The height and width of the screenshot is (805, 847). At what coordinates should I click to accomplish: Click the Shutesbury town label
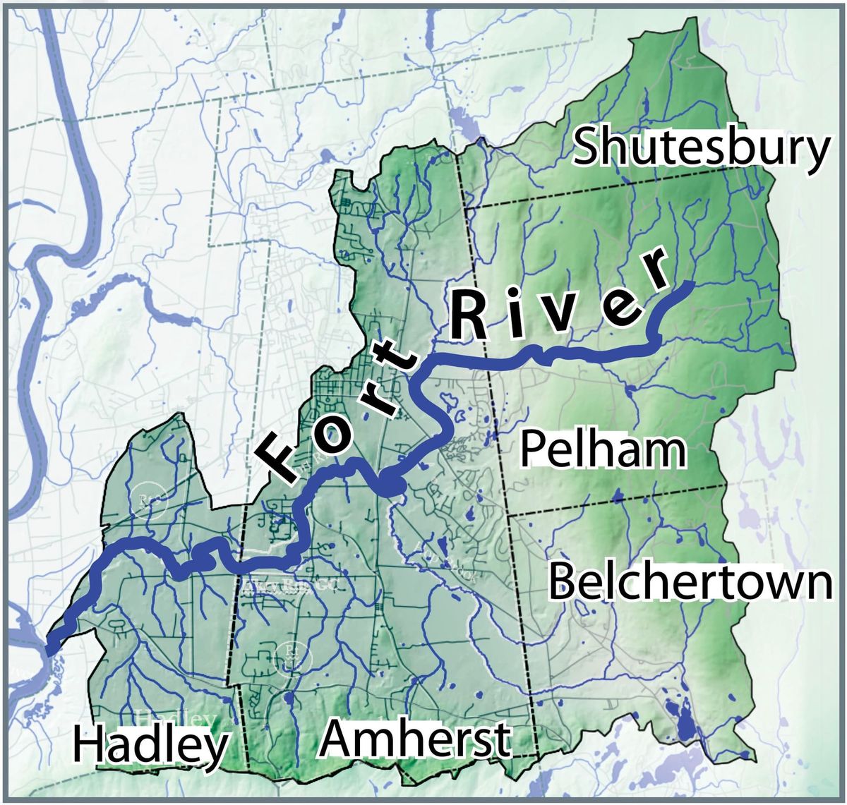(x=701, y=149)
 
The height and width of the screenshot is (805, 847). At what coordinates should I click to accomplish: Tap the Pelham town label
(x=604, y=451)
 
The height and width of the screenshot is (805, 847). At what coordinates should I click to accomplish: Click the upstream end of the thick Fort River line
(x=692, y=284)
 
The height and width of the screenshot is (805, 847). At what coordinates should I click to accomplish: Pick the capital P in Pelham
(x=534, y=451)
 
